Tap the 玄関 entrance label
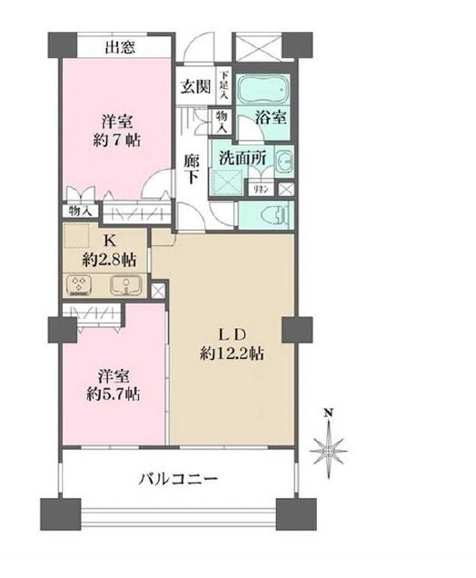[x=194, y=87]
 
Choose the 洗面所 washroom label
[x=243, y=155]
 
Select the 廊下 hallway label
[x=192, y=166]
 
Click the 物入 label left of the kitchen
[x=80, y=210]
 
